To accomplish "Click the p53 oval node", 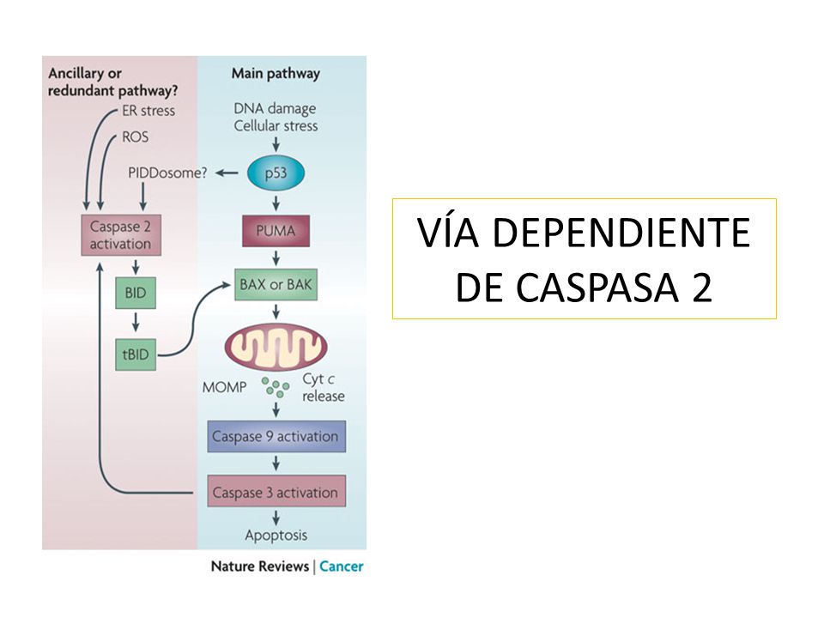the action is pyautogui.click(x=276, y=173).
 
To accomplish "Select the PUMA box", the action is pyautogui.click(x=276, y=231).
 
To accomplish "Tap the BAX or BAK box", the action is pyautogui.click(x=276, y=285).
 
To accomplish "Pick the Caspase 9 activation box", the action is pyautogui.click(x=276, y=437).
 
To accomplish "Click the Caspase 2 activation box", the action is pyautogui.click(x=121, y=235).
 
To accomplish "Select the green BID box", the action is pyautogui.click(x=136, y=293).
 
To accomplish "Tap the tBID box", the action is pyautogui.click(x=136, y=354).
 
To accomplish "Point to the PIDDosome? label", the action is pyautogui.click(x=167, y=173).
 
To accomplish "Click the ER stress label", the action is pyautogui.click(x=148, y=111).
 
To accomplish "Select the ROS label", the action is pyautogui.click(x=135, y=137).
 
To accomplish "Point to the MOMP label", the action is pyautogui.click(x=224, y=387).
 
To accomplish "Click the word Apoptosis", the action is pyautogui.click(x=276, y=536).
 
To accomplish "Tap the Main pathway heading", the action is pyautogui.click(x=276, y=74).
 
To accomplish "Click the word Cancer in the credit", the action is pyautogui.click(x=342, y=566).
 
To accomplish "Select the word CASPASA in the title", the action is pyautogui.click(x=597, y=287).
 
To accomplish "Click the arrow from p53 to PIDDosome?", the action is pyautogui.click(x=227, y=173).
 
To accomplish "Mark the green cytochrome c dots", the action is pyautogui.click(x=276, y=387).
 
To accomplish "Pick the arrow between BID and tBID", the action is pyautogui.click(x=136, y=323).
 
